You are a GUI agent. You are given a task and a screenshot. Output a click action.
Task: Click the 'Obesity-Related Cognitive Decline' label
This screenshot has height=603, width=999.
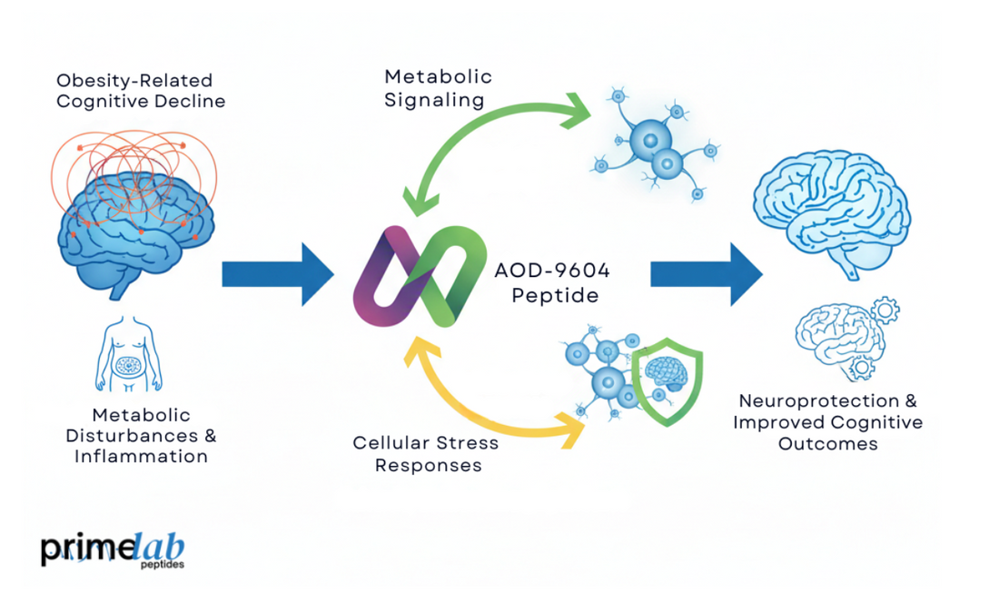[141, 90]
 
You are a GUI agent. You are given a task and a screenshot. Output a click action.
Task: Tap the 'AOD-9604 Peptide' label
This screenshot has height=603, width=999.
[550, 282]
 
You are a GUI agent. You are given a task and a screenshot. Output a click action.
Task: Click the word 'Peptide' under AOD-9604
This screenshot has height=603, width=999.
[549, 295]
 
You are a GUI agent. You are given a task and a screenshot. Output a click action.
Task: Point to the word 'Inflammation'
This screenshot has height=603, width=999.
[141, 456]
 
